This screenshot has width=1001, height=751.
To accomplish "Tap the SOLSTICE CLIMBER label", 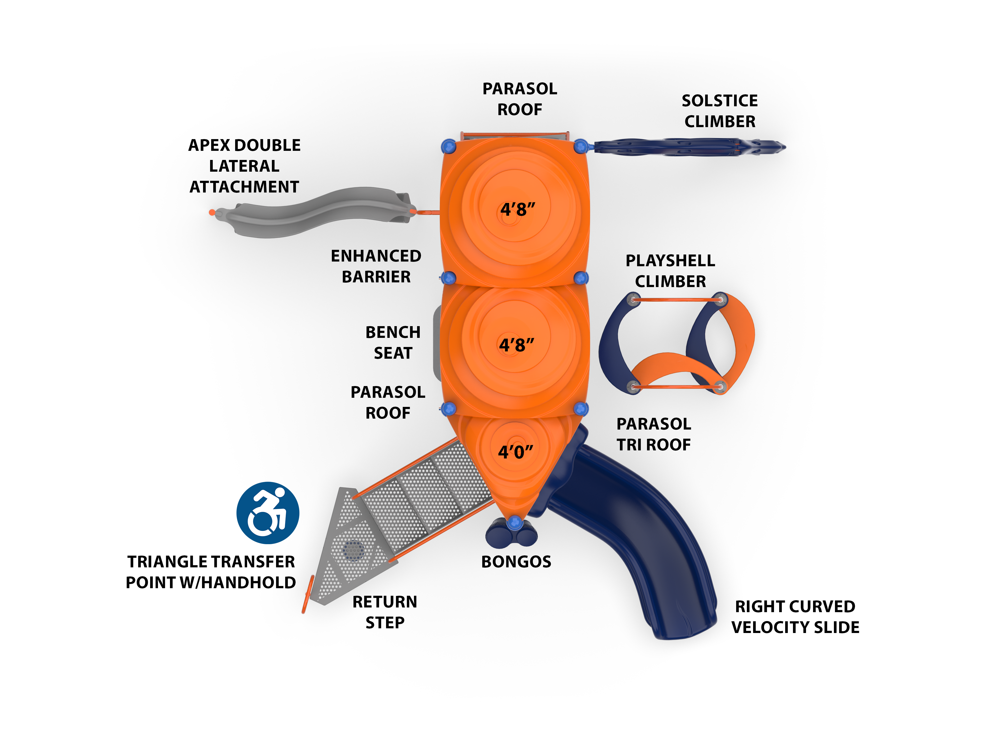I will pos(719,111).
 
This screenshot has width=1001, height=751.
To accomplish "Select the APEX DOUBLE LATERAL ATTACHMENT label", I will pos(244,166).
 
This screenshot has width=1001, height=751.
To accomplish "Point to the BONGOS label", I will pos(516,562).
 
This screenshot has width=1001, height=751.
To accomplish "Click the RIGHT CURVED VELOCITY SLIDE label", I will pos(795,617).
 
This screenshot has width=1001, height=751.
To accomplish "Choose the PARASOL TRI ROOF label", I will pos(654,434).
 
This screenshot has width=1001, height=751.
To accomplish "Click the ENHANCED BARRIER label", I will pos(376,266).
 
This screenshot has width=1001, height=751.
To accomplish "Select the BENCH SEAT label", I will pos(393,342).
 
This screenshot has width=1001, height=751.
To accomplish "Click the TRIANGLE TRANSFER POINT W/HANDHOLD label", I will pos(211,572).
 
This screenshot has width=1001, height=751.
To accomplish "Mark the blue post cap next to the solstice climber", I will pos(581,146).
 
